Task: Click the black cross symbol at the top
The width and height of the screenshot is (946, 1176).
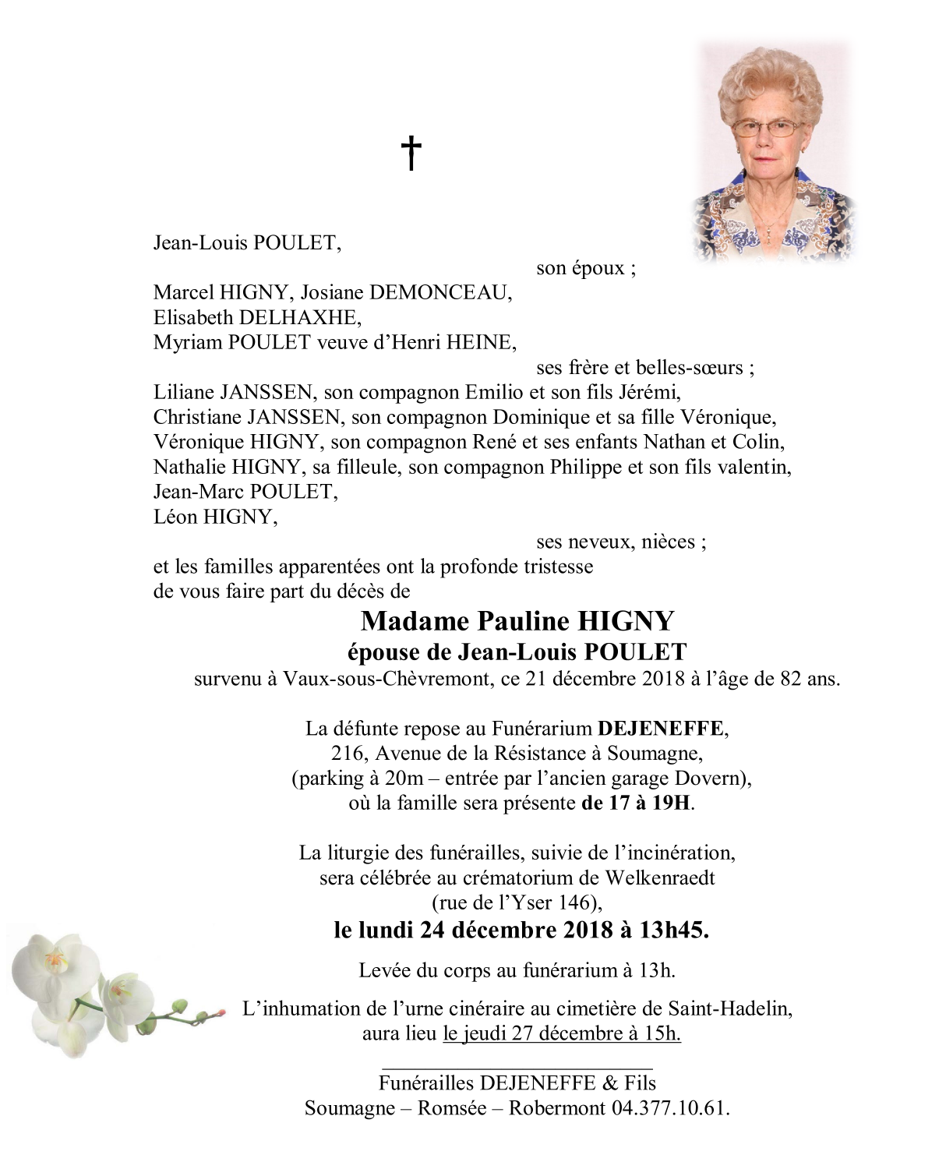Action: coord(411,153)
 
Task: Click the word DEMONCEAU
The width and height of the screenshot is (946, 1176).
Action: coord(439,293)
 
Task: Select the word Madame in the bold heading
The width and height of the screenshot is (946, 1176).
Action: coord(415,621)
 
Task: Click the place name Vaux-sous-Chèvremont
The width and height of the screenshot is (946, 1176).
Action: coord(387,679)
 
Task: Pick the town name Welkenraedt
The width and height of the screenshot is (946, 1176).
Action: coord(660,878)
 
